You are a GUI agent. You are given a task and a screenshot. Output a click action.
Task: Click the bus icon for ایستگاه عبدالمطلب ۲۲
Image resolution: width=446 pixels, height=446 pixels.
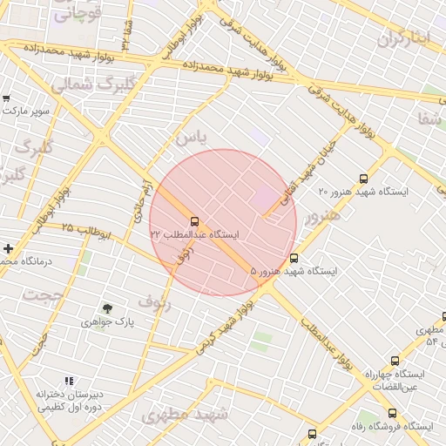coord(193,221)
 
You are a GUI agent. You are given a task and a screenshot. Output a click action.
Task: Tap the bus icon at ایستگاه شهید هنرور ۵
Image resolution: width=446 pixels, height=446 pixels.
coord(294,259)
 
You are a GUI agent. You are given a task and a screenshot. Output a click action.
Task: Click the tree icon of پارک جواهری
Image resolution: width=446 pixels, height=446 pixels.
coord(107,309)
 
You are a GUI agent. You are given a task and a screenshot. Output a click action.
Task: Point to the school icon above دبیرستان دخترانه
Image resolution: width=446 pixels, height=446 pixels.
coord(69,382)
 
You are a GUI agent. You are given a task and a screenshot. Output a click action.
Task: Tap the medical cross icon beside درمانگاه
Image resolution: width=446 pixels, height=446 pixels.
coord(8,248)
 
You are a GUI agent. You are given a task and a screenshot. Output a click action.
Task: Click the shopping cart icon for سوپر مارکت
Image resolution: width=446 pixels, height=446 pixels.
coord(7,98)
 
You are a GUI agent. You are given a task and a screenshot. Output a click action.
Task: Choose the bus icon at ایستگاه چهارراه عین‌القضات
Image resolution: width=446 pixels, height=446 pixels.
coord(395,361)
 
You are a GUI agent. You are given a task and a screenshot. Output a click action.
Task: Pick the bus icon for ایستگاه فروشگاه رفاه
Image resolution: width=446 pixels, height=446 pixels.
coord(392,414)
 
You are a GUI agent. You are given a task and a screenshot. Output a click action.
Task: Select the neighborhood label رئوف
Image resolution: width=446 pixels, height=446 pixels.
coord(154,304)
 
